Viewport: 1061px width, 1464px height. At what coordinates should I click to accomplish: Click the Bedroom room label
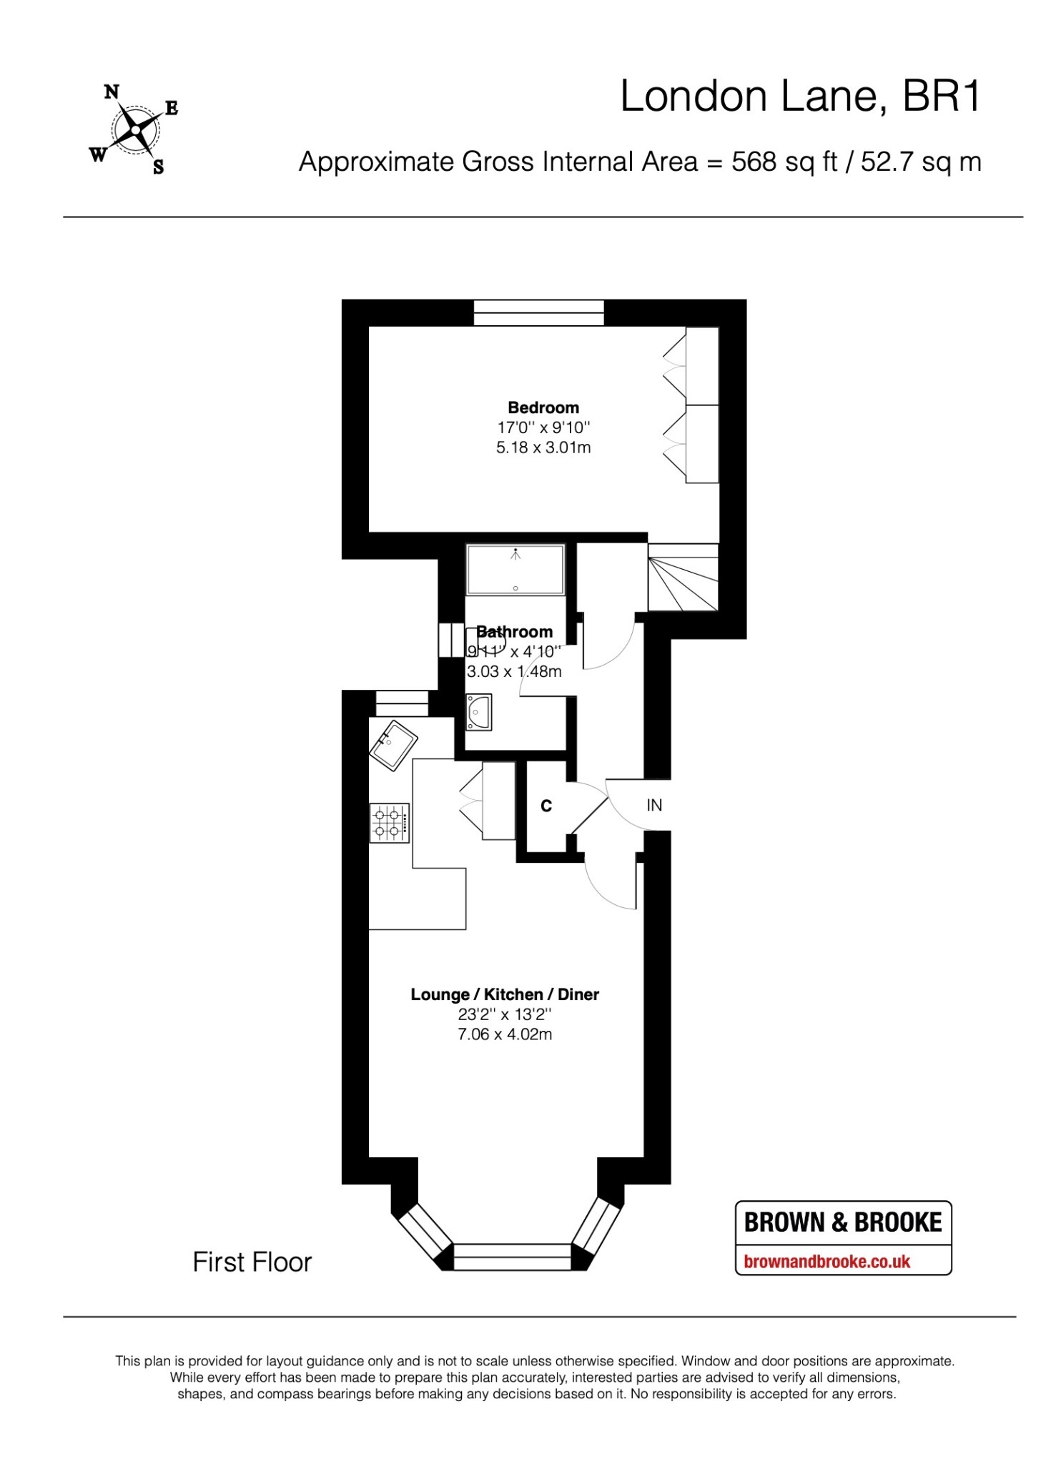click(x=543, y=407)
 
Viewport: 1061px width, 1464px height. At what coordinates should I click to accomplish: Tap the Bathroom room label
click(x=515, y=632)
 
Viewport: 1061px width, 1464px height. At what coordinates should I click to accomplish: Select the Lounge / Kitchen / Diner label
click(x=505, y=994)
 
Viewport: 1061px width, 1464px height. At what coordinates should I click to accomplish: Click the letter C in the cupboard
click(x=546, y=806)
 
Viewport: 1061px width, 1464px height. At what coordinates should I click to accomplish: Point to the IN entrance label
click(x=654, y=805)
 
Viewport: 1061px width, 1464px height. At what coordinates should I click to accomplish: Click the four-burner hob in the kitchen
click(x=390, y=823)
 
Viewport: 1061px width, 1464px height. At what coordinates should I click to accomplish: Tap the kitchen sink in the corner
click(x=393, y=746)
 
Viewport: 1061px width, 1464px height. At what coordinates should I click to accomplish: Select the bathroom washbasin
click(x=478, y=712)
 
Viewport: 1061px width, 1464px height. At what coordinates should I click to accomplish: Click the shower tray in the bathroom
click(x=515, y=569)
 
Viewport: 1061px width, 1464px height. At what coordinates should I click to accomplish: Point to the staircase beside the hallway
click(x=683, y=577)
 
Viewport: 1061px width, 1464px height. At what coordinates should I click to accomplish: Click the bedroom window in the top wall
click(x=538, y=312)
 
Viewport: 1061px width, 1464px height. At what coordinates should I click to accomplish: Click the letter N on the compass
click(x=112, y=91)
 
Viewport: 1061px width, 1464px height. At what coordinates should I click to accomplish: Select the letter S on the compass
click(x=158, y=167)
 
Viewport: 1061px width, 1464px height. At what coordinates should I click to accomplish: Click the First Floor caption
click(x=252, y=1262)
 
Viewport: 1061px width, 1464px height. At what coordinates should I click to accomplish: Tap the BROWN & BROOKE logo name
click(x=843, y=1223)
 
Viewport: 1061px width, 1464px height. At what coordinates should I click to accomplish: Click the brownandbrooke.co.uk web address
click(x=827, y=1262)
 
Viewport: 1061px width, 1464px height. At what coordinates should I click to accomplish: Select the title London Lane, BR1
click(x=801, y=96)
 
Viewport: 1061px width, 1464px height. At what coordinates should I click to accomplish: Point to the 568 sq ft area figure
click(x=784, y=162)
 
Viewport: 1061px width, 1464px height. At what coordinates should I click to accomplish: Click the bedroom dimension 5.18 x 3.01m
click(x=543, y=448)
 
